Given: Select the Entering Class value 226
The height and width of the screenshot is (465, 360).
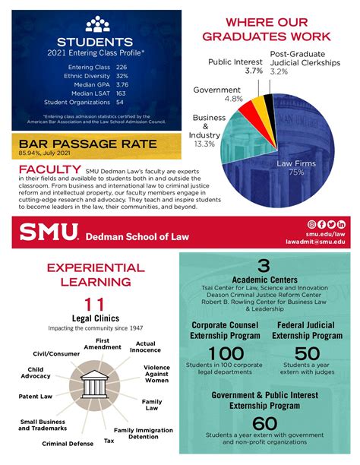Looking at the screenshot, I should point(121,68).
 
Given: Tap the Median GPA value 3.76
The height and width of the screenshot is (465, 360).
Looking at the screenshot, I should point(122,85).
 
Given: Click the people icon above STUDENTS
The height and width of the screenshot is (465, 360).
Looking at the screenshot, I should point(96,25).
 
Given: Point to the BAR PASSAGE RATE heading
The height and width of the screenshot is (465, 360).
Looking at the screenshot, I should point(88,143).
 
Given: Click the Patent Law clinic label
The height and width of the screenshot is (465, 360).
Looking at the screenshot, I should point(36,396).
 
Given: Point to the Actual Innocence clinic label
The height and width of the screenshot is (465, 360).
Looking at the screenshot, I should point(145,347).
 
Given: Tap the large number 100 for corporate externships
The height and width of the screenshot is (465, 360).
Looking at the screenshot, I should point(226,355).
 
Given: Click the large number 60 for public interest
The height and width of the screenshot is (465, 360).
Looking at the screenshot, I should point(265,423).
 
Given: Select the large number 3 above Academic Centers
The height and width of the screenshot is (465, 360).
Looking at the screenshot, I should point(264,265).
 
